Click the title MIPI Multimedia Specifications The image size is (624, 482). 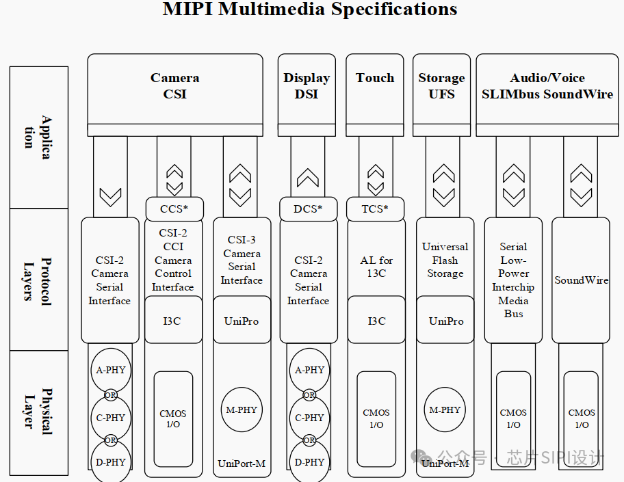tap(309, 10)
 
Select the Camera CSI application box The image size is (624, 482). tap(175, 87)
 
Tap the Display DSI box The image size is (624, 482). tap(307, 87)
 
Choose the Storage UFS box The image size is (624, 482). tap(441, 87)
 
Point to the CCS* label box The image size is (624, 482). tap(174, 209)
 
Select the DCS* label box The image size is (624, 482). tap(308, 209)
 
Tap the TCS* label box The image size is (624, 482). tap(375, 209)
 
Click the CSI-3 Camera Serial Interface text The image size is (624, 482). tap(242, 260)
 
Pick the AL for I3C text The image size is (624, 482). tap(376, 267)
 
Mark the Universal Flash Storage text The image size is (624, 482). tap(445, 260)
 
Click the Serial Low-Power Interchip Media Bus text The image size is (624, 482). tap(513, 280)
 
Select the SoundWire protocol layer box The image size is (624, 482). tap(581, 280)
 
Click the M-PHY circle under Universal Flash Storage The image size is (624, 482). tap(445, 410)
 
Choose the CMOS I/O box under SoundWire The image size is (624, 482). tap(581, 418)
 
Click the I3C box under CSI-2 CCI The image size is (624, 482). tap(174, 320)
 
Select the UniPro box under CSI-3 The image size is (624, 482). tap(242, 320)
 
